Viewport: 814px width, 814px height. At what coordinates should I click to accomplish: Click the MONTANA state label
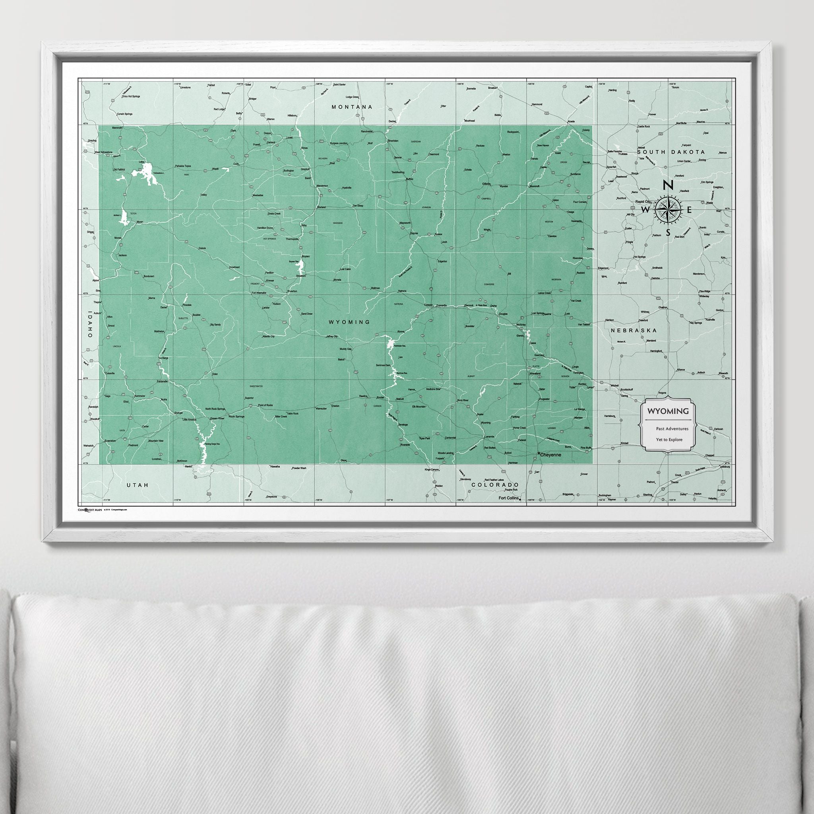click(352, 107)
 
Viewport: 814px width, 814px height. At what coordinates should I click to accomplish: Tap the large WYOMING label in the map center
click(349, 322)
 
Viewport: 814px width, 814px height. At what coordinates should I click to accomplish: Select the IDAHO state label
click(90, 324)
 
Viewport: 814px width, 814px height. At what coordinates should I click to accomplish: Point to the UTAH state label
click(138, 485)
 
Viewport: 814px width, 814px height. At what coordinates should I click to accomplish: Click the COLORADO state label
click(494, 485)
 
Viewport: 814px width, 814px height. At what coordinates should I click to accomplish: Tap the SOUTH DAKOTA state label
click(671, 152)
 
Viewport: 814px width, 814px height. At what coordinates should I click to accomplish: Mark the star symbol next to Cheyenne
click(539, 454)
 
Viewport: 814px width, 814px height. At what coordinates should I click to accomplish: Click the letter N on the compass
click(668, 185)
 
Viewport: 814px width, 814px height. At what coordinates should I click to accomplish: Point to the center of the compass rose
click(668, 209)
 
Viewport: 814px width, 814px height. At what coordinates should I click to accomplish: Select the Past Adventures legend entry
click(672, 428)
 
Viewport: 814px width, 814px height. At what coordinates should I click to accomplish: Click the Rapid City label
click(646, 202)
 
